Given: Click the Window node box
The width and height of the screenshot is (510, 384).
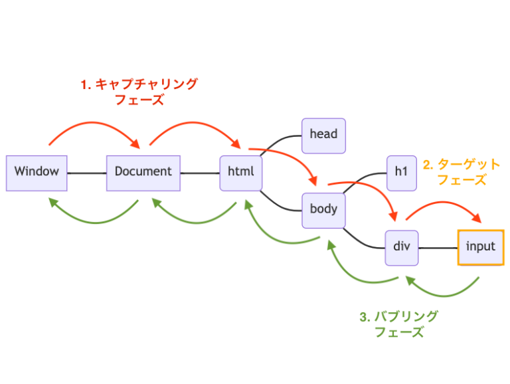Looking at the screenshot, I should pos(37,171).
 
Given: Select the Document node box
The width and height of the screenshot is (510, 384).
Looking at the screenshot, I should pos(143,171).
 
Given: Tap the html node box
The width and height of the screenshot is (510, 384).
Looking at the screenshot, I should pos(241,171).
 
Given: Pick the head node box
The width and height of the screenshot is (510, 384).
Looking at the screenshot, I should pos(323,134).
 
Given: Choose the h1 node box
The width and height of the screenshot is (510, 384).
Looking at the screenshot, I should pos(400,171).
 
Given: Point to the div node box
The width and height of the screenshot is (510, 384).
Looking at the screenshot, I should pos(401,246).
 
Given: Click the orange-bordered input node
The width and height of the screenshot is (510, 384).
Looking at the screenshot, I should pos(481,246).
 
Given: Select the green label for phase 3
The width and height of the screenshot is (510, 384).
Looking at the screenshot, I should pos(398,324).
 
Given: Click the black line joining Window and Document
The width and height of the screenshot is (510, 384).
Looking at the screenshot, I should pos(86,173).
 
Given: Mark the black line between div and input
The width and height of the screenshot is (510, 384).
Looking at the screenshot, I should pos(438,248).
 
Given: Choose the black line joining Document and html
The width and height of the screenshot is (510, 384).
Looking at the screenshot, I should pos(200,173).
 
